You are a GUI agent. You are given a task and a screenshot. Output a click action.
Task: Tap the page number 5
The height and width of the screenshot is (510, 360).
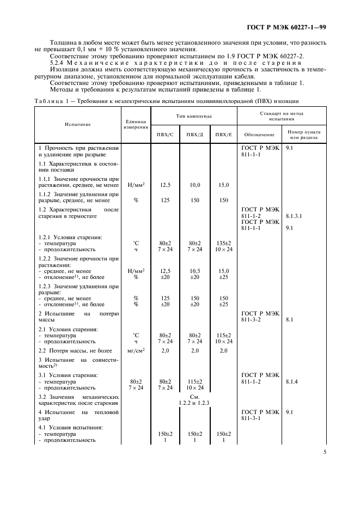point(324,451)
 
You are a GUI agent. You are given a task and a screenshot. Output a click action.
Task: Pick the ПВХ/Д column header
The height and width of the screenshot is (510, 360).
point(194,134)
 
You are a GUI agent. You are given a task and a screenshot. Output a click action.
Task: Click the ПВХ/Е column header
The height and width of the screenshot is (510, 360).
point(223,134)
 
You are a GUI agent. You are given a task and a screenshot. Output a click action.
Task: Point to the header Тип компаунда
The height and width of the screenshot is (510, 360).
point(193,117)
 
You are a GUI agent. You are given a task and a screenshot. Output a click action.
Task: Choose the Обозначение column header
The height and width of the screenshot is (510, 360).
point(255,134)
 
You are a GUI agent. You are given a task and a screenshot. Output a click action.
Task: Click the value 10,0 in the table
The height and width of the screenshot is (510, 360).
point(194,185)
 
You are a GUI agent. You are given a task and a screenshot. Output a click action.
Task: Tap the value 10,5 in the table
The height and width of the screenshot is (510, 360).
point(194,270)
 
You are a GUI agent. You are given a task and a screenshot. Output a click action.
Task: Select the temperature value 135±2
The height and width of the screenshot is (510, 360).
point(223,243)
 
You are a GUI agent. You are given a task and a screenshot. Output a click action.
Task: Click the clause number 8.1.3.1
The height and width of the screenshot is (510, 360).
point(294,216)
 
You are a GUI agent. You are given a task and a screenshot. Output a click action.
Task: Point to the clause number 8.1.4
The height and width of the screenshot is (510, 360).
point(292,382)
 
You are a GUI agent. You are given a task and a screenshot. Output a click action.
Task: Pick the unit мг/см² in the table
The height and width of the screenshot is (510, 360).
point(135,351)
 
